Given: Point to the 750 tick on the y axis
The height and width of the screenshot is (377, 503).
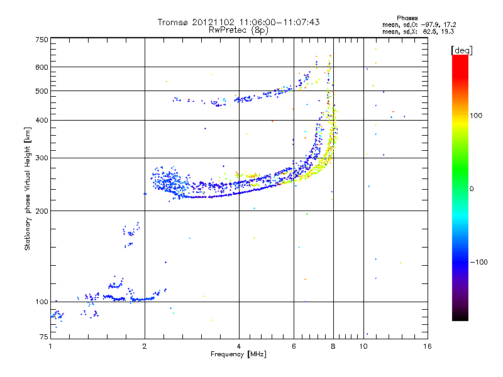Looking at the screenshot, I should tap(41, 40).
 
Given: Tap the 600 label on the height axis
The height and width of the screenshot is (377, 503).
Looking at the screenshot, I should tap(41, 67).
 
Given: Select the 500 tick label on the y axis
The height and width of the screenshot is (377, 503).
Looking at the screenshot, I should tap(41, 91).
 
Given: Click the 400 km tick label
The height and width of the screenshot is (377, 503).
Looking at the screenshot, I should tap(41, 120).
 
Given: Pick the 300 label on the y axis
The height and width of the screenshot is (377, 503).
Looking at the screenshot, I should tap(41, 158).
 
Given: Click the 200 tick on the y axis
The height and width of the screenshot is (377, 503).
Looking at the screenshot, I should tap(41, 210).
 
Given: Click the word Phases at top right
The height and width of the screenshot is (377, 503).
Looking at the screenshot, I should tap(407, 18).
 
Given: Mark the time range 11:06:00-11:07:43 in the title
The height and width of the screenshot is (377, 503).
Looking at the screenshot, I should tap(277, 22).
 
